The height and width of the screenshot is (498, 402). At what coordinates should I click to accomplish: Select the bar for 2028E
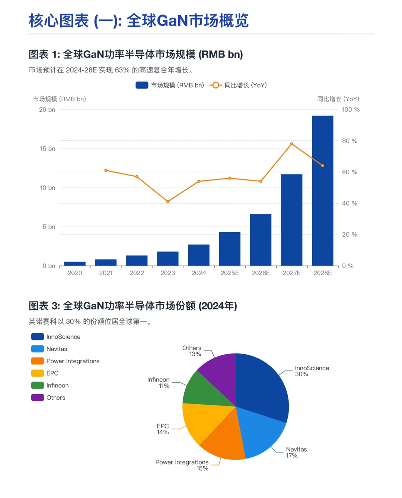click(x=322, y=191)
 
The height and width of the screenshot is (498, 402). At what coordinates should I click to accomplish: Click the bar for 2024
click(x=199, y=255)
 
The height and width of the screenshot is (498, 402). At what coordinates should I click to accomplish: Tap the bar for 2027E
click(x=291, y=220)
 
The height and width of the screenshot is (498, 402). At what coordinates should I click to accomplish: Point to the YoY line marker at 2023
click(x=168, y=201)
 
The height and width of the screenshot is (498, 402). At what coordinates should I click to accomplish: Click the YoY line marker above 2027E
click(x=291, y=144)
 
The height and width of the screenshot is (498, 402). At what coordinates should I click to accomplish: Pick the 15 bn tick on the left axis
click(x=48, y=149)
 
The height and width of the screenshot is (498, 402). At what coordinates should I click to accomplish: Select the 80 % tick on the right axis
click(x=350, y=141)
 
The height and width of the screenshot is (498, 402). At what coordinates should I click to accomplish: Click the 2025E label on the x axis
click(x=230, y=273)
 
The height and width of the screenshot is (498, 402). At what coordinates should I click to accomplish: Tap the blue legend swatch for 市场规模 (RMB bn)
click(x=142, y=85)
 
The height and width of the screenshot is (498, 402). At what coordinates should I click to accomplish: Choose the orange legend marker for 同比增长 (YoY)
click(x=216, y=85)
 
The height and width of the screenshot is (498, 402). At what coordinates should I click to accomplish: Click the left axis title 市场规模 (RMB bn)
click(x=60, y=99)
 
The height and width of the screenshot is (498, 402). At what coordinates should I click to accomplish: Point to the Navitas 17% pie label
click(x=296, y=452)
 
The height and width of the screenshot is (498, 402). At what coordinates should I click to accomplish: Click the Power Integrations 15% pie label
click(x=182, y=465)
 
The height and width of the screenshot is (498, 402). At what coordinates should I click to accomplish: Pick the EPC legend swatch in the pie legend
click(x=38, y=373)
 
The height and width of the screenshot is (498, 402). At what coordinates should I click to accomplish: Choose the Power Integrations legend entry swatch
click(x=38, y=361)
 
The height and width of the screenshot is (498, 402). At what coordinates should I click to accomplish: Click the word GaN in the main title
click(x=172, y=21)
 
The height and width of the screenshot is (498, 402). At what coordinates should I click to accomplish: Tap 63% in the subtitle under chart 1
click(x=122, y=70)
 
